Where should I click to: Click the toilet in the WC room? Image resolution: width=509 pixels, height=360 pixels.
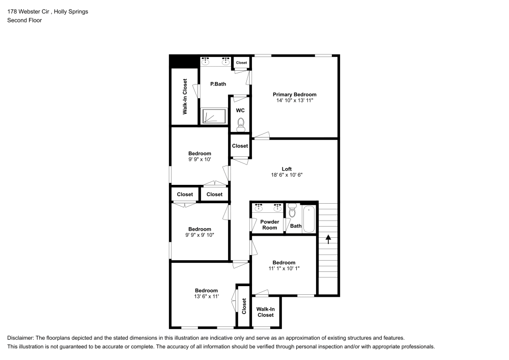241,124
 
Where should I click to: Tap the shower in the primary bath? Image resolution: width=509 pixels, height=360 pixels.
214,116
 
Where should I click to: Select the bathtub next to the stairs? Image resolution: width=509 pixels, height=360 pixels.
309,219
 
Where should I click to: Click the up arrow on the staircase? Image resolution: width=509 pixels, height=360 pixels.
328,238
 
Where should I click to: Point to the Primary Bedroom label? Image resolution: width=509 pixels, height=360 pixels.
294,95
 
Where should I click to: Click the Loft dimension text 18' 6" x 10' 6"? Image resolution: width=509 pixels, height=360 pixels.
287,175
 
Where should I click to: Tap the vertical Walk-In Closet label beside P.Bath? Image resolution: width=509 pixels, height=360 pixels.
185,95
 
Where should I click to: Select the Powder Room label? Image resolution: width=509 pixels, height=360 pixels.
270,225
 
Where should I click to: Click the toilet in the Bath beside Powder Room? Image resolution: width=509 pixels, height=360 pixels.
292,211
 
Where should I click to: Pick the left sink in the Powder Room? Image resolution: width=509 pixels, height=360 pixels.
259,207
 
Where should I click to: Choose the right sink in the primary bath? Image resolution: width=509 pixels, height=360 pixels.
224,62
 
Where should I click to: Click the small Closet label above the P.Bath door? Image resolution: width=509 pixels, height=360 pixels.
241,63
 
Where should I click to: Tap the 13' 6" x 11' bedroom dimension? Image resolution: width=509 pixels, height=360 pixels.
206,296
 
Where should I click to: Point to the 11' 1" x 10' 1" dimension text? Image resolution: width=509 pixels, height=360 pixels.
284,268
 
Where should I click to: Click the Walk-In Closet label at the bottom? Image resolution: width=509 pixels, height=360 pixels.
265,312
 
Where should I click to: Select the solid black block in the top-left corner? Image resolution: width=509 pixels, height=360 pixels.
183,61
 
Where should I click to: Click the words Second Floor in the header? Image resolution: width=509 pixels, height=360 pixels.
24,20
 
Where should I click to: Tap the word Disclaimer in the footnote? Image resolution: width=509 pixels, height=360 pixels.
20,338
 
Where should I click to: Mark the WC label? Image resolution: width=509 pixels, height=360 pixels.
240,110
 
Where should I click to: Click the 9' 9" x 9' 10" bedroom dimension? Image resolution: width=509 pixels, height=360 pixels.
200,235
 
